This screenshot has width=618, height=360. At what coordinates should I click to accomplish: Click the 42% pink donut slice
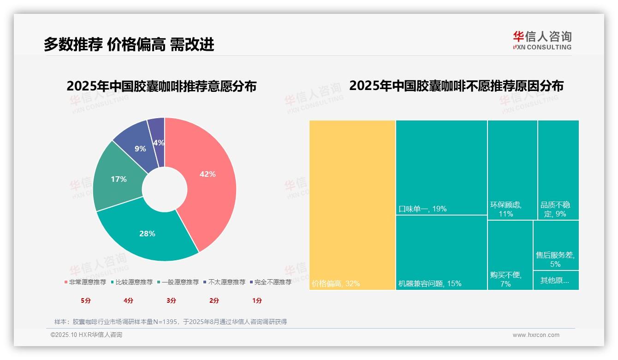tap(208, 174)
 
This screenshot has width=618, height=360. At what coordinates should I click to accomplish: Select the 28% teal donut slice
tap(148, 234)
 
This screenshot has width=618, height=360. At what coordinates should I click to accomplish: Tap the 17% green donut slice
tap(119, 179)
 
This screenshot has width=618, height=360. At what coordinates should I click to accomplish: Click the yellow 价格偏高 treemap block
tap(352, 205)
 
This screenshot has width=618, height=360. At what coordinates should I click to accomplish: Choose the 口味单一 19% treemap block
tap(441, 168)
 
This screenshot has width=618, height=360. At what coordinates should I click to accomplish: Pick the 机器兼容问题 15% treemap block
tap(441, 252)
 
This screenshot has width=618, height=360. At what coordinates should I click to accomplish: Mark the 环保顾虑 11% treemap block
tap(512, 170)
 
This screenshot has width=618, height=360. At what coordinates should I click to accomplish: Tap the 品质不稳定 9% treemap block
tap(558, 170)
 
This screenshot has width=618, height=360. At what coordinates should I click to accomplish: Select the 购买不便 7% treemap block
tap(510, 255)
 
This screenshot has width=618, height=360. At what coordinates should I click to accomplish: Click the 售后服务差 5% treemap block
tap(556, 245)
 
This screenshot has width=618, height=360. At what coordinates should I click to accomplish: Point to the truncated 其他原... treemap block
tap(556, 280)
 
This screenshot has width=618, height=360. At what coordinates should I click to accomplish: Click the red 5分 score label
tap(86, 300)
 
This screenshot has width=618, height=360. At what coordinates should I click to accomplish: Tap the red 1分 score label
tap(257, 300)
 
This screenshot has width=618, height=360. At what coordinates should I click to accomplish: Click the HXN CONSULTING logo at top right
tap(542, 41)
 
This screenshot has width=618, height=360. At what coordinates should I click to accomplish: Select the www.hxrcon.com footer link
tap(535, 335)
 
